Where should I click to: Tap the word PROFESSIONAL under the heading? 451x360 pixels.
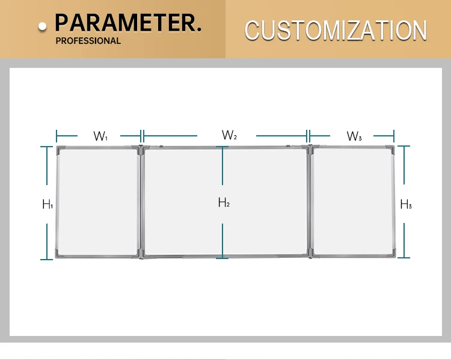pyautogui.click(x=88, y=41)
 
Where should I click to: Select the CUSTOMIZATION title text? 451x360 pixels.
pyautogui.click(x=336, y=30)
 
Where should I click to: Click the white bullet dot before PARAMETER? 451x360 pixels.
pyautogui.click(x=43, y=26)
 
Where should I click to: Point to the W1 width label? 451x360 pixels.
pyautogui.click(x=100, y=136)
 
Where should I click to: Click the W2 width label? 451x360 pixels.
pyautogui.click(x=229, y=135)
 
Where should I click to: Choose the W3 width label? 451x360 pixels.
pyautogui.click(x=354, y=136)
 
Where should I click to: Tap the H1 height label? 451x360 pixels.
pyautogui.click(x=48, y=204)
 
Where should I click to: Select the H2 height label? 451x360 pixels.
pyautogui.click(x=224, y=203)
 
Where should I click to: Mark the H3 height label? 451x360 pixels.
pyautogui.click(x=406, y=204)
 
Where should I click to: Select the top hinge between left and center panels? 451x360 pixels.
pyautogui.click(x=141, y=148)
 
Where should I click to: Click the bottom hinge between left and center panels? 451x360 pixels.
pyautogui.click(x=141, y=255)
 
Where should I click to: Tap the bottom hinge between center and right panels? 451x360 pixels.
pyautogui.click(x=310, y=254)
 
